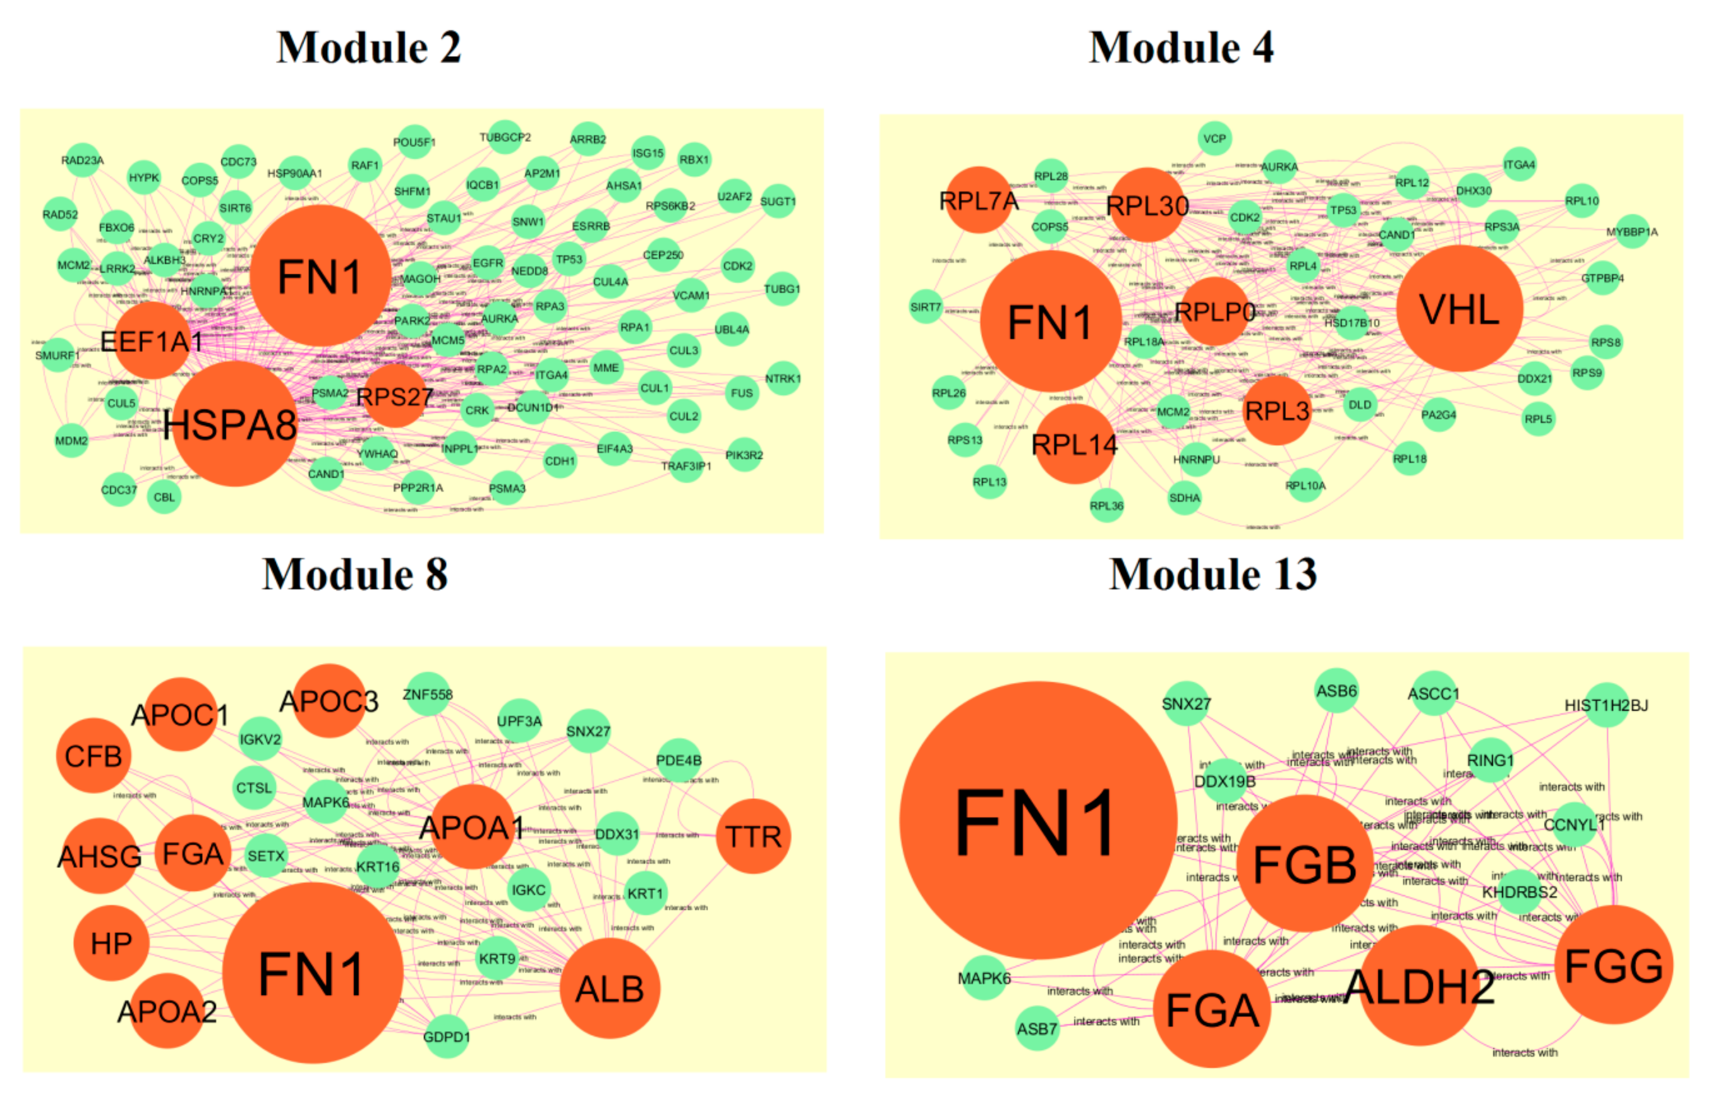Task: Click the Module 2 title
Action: click(x=368, y=48)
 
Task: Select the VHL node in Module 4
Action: click(x=1459, y=309)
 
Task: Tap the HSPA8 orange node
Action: click(x=234, y=425)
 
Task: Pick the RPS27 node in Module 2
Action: click(x=394, y=396)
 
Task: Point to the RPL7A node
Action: click(x=979, y=201)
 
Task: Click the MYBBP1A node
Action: click(x=1631, y=232)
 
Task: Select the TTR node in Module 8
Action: click(x=753, y=836)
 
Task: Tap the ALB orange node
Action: click(x=609, y=989)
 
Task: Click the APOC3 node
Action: click(x=329, y=702)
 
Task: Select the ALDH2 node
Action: click(x=1419, y=986)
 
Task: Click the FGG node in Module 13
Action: click(x=1613, y=966)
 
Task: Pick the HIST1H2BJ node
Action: click(x=1606, y=705)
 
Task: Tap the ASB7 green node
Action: click(x=1037, y=1028)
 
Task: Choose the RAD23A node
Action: click(x=83, y=161)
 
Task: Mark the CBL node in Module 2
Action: click(x=164, y=497)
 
